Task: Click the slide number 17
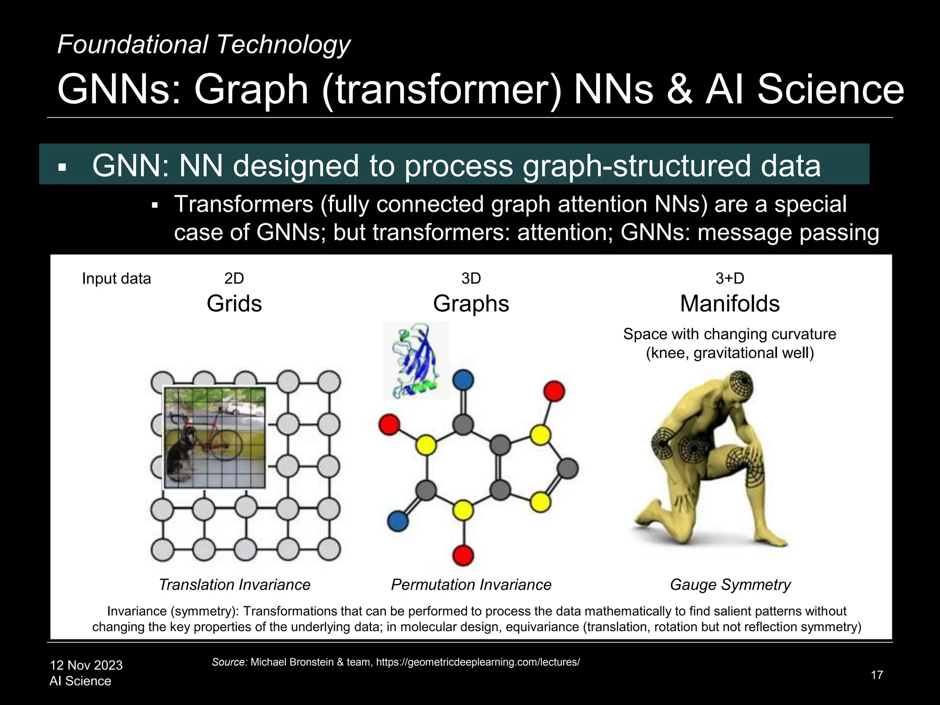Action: [877, 675]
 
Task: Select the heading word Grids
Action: [234, 303]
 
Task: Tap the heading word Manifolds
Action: [730, 303]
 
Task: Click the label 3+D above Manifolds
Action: [730, 278]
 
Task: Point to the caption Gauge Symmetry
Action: [730, 585]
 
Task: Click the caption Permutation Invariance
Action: [471, 585]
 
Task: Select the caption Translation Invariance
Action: [234, 585]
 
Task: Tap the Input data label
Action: [116, 279]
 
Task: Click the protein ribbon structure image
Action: [416, 360]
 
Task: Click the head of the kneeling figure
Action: [739, 390]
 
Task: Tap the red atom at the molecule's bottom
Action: [463, 556]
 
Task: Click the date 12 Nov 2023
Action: [86, 665]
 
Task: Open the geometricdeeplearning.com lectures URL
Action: [478, 662]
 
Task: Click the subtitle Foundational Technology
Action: [203, 45]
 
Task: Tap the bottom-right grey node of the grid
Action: [329, 549]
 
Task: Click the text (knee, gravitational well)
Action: [730, 353]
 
